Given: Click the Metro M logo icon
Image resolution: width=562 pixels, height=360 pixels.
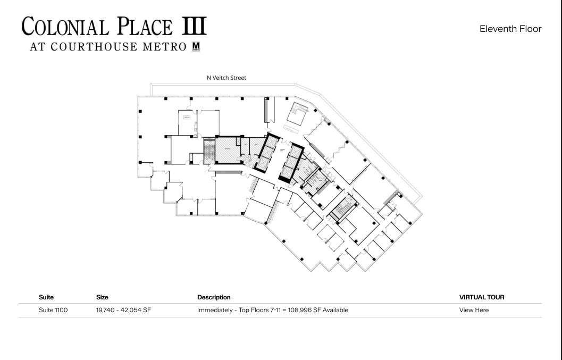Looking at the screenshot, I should pyautogui.click(x=196, y=47).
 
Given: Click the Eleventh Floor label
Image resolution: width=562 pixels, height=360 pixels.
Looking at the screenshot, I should pyautogui.click(x=510, y=29).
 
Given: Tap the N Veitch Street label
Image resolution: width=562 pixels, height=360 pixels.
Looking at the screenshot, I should pyautogui.click(x=227, y=78).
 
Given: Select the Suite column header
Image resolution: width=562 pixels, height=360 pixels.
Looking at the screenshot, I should pyautogui.click(x=46, y=297).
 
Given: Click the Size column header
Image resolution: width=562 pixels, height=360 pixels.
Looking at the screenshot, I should pyautogui.click(x=102, y=297).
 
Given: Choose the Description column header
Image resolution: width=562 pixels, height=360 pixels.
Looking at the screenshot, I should pyautogui.click(x=214, y=297).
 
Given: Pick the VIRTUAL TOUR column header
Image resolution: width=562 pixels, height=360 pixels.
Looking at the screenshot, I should pyautogui.click(x=482, y=297).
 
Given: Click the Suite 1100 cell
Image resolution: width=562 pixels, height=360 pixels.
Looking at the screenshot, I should pyautogui.click(x=53, y=310).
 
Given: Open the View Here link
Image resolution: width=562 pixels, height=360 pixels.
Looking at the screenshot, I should pyautogui.click(x=474, y=310).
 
